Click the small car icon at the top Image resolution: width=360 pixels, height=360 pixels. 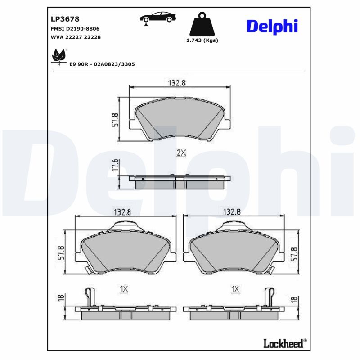157,18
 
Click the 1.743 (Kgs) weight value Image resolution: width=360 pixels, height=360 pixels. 202,40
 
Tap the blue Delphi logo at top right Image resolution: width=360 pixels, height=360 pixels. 272,26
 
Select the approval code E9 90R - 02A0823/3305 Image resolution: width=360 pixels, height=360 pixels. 102,64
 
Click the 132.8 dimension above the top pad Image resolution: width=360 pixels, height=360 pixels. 177,82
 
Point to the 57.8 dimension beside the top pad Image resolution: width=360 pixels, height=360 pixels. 115,120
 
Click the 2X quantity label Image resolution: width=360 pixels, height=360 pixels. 181,153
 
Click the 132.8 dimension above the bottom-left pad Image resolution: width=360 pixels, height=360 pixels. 123,212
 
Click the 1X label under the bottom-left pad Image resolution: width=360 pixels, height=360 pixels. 125,289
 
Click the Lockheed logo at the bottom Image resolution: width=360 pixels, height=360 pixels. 284,343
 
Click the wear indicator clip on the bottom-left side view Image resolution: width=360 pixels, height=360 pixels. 90,297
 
